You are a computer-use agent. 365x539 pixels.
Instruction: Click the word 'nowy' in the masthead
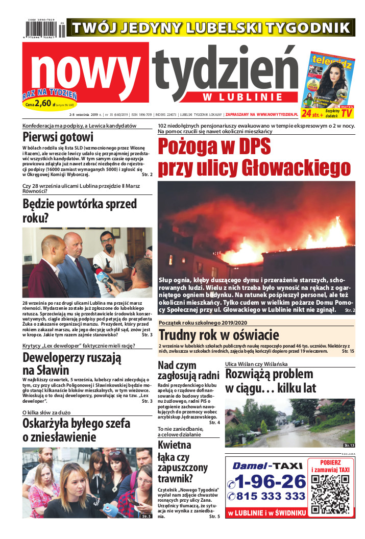click(85, 69)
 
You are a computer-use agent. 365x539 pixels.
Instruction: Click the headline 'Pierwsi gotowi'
click(58, 137)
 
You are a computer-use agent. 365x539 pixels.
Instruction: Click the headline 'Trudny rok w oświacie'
click(218, 335)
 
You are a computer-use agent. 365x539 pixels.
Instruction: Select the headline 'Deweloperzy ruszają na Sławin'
click(71, 364)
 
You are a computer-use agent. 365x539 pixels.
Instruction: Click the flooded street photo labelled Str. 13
click(289, 423)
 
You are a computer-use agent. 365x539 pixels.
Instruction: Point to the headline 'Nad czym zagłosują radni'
click(188, 371)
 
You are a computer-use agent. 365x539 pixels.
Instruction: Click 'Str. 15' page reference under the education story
click(347, 352)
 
